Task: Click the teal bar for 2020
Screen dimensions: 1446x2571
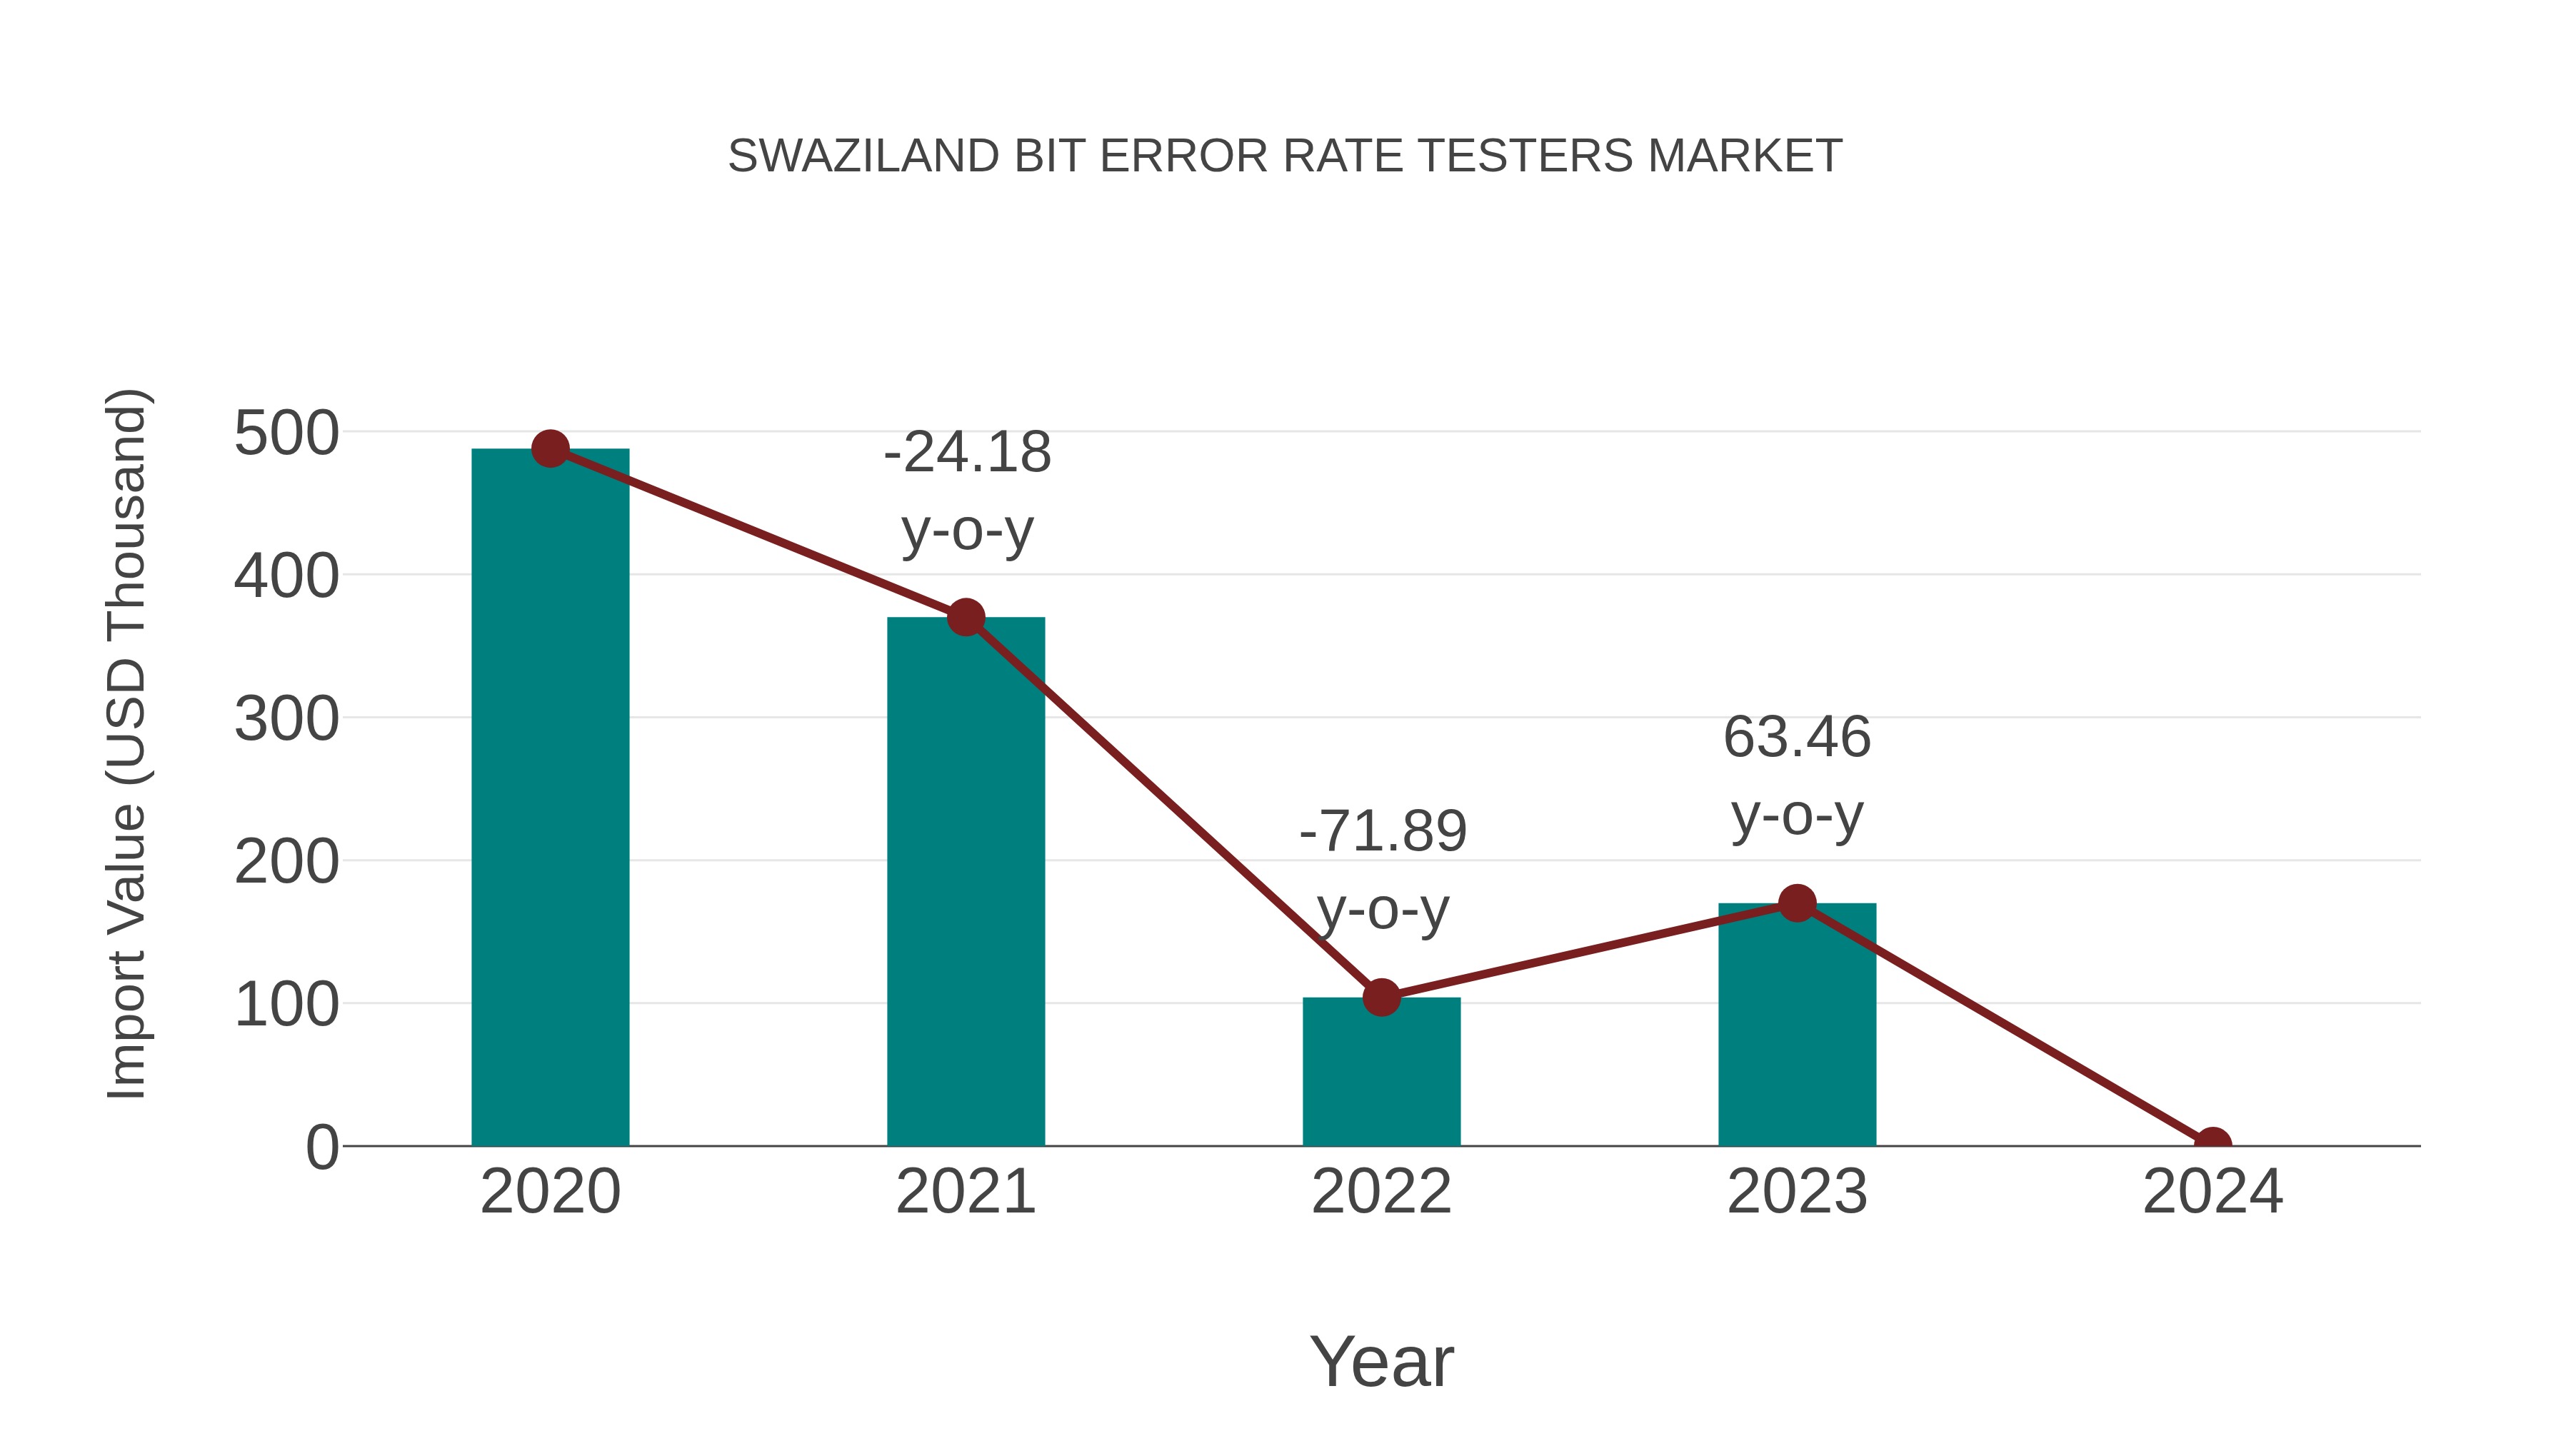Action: [x=550, y=798]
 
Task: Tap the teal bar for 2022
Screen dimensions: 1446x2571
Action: [x=1381, y=1073]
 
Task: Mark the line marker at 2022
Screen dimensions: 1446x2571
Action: [x=1381, y=996]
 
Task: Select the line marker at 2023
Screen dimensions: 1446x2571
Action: [x=1797, y=903]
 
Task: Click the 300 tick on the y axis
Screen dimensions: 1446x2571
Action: [x=286, y=720]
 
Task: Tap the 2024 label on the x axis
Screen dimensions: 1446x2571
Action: [x=2212, y=1192]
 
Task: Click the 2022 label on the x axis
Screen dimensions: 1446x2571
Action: [x=1381, y=1192]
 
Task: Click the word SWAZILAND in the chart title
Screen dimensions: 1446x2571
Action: [x=863, y=156]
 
